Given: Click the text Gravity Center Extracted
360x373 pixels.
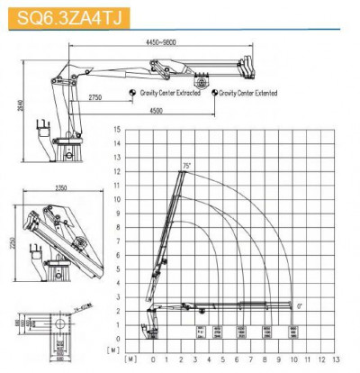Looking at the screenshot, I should coord(175,92).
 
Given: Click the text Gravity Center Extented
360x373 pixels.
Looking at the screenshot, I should coord(244,92).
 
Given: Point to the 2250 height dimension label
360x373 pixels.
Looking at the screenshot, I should coord(11,244).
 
